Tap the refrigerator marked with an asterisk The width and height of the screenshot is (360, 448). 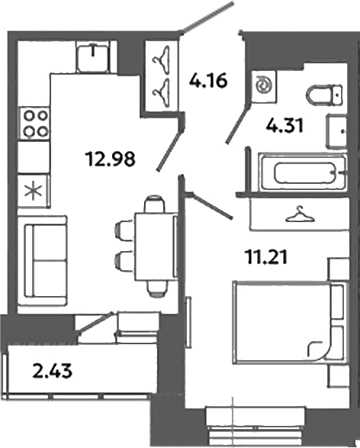point(33,190)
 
